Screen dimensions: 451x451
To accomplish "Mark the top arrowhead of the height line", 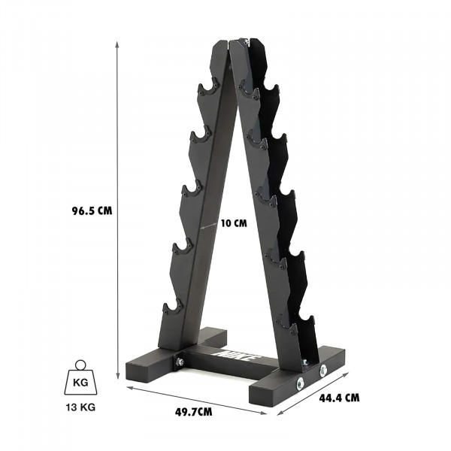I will point(118,42).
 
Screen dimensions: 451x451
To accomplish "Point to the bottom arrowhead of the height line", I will point(118,379).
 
